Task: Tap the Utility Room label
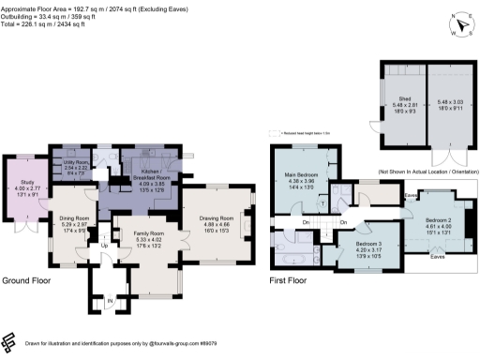(x=75, y=162)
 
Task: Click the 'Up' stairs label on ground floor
(x=104, y=246)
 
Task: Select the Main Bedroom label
(x=302, y=173)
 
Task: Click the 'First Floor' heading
(x=290, y=280)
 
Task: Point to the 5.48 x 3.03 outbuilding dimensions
(x=450, y=101)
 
